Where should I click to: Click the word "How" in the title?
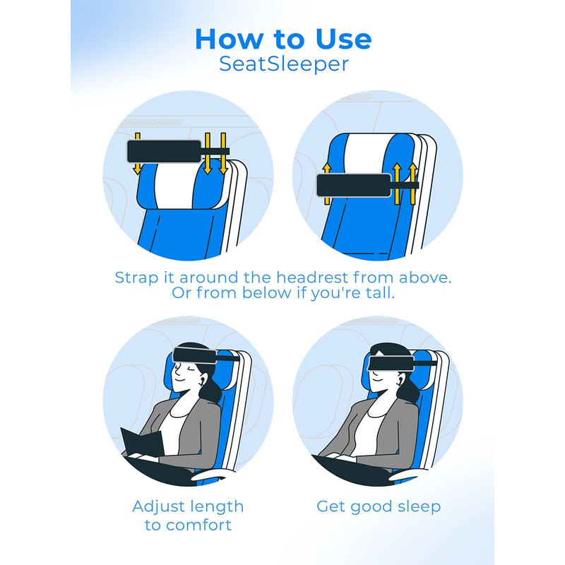pyautogui.click(x=229, y=39)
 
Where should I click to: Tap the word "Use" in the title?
pyautogui.click(x=343, y=39)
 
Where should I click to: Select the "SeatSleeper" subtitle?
pyautogui.click(x=284, y=64)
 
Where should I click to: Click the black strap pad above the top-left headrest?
pyautogui.click(x=165, y=151)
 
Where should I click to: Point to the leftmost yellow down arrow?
pyautogui.click(x=137, y=153)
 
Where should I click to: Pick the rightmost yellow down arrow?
pyautogui.click(x=223, y=153)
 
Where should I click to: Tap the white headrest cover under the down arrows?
pyautogui.click(x=175, y=186)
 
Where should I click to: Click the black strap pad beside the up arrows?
pyautogui.click(x=354, y=186)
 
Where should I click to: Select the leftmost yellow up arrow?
pyautogui.click(x=327, y=184)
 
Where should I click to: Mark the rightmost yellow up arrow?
pyautogui.click(x=413, y=184)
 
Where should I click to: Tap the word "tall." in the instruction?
pyautogui.click(x=380, y=292)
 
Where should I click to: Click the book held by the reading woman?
pyautogui.click(x=143, y=442)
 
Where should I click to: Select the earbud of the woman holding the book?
pyautogui.click(x=201, y=380)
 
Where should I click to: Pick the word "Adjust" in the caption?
pyautogui.click(x=157, y=507)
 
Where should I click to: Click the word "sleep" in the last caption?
pyautogui.click(x=420, y=507)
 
